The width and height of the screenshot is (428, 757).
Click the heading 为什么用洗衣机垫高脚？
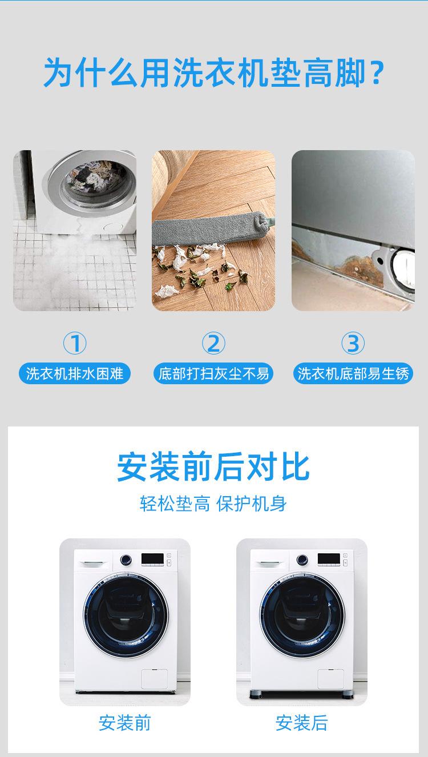214,73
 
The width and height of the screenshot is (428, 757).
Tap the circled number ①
74,344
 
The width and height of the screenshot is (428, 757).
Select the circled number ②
213,344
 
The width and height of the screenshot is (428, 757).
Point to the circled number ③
353,344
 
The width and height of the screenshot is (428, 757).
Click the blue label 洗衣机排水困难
74,375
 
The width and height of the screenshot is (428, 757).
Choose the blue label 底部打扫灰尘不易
213,375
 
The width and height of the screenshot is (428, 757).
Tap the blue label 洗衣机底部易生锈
353,375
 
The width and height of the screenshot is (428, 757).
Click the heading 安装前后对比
213,467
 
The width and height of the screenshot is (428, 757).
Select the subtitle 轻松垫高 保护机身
213,504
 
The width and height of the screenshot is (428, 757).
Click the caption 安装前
125,723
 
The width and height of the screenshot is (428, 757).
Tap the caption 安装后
302,723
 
